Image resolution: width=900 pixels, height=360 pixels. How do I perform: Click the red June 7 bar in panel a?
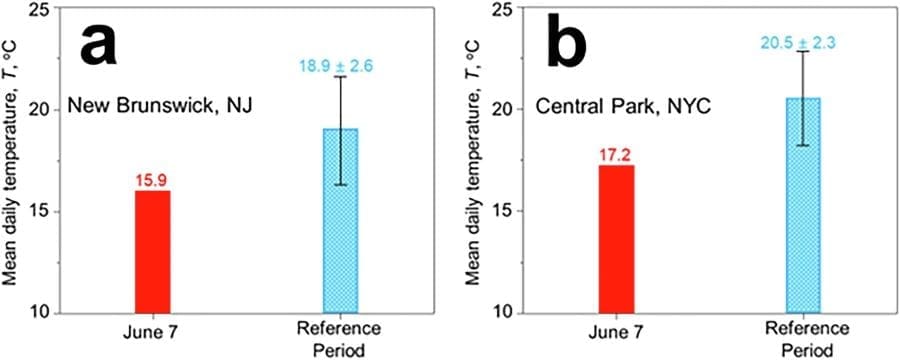point(152,251)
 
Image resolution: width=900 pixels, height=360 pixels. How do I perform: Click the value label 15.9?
point(152,181)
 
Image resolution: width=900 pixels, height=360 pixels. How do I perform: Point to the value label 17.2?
point(616,157)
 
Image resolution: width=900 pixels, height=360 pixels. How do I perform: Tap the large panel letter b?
point(571,47)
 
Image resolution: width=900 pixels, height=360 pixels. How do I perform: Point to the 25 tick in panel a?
point(41,9)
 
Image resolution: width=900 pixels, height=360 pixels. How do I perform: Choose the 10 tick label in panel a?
point(41,312)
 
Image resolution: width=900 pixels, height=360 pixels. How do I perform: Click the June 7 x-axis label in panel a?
point(152,331)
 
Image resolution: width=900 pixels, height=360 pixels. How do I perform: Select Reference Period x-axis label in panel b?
point(803,340)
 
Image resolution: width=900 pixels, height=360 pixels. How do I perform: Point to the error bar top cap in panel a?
point(340,77)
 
